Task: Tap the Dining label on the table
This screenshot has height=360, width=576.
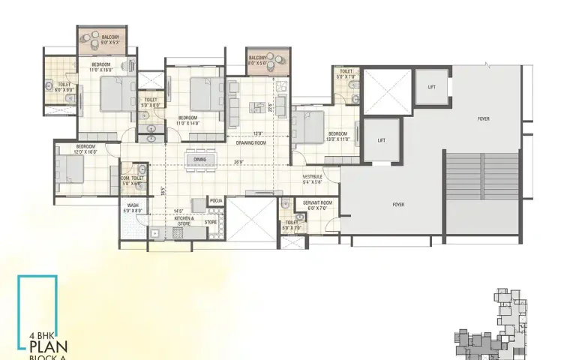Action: [200, 159]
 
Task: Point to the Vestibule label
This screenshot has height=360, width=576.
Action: [313, 178]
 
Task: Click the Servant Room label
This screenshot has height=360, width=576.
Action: [318, 204]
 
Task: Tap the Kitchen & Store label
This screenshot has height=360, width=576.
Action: [184, 220]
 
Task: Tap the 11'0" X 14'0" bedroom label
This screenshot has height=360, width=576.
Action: [187, 120]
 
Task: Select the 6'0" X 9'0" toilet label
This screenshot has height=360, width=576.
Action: [64, 87]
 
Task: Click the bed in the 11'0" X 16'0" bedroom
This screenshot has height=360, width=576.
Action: [117, 94]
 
